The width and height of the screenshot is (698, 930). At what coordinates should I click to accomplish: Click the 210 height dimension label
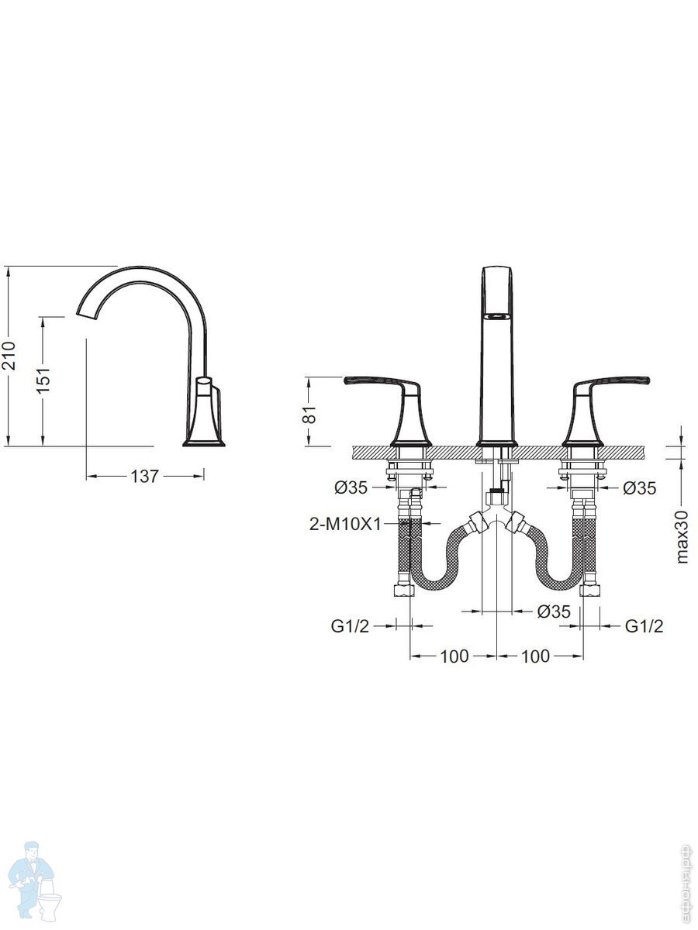click(x=9, y=355)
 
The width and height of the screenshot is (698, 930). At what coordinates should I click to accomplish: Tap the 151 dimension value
click(x=43, y=380)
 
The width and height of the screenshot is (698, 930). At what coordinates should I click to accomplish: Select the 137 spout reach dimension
click(x=144, y=476)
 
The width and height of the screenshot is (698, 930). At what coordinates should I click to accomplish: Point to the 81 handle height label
click(x=311, y=414)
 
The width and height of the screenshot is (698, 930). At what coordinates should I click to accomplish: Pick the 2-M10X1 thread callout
click(x=345, y=525)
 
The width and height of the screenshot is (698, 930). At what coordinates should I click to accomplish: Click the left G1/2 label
click(x=350, y=625)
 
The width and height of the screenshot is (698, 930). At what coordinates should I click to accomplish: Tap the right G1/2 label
click(x=644, y=625)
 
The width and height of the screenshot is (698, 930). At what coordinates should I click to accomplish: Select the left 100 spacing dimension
click(x=454, y=656)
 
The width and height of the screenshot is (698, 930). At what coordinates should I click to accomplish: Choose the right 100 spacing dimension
click(x=536, y=656)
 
